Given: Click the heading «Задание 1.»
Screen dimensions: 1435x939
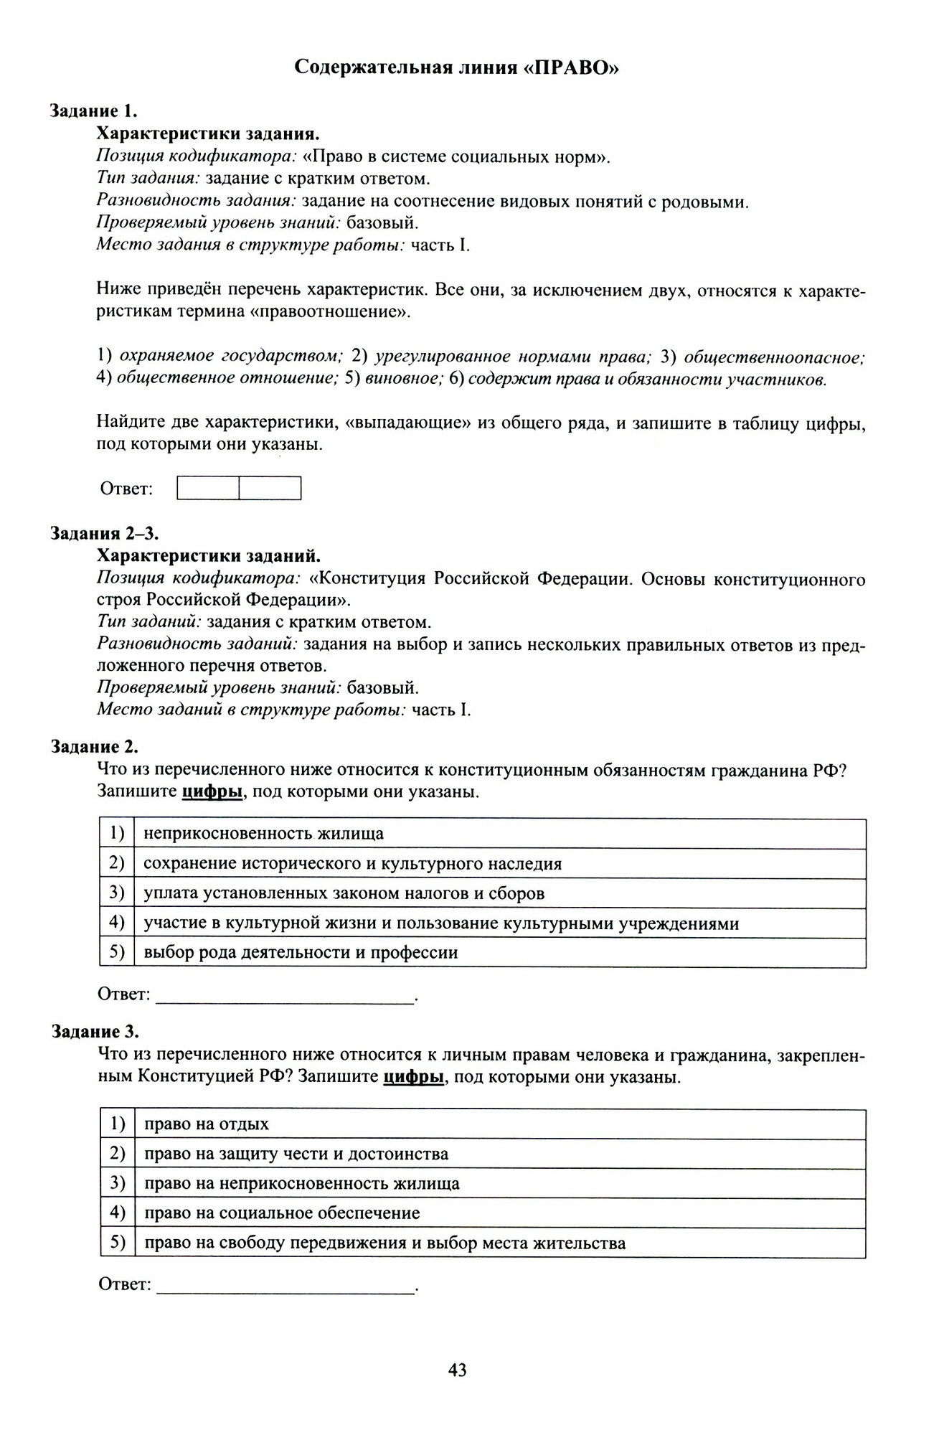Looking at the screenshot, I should (93, 111).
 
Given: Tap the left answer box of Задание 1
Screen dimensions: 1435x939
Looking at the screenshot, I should (208, 489).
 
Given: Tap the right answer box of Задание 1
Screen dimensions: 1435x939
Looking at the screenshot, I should (270, 489).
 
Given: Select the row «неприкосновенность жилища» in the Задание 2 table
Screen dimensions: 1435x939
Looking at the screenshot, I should (263, 834).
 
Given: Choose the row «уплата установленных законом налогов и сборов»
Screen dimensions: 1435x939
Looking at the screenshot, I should (344, 893).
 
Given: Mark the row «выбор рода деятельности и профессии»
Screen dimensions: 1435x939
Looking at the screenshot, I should (301, 953).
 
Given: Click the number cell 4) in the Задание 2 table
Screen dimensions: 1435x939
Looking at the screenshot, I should (117, 923).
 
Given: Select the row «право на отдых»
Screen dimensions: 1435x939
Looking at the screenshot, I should (207, 1124).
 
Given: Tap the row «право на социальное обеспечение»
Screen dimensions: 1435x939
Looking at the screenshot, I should (282, 1213).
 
